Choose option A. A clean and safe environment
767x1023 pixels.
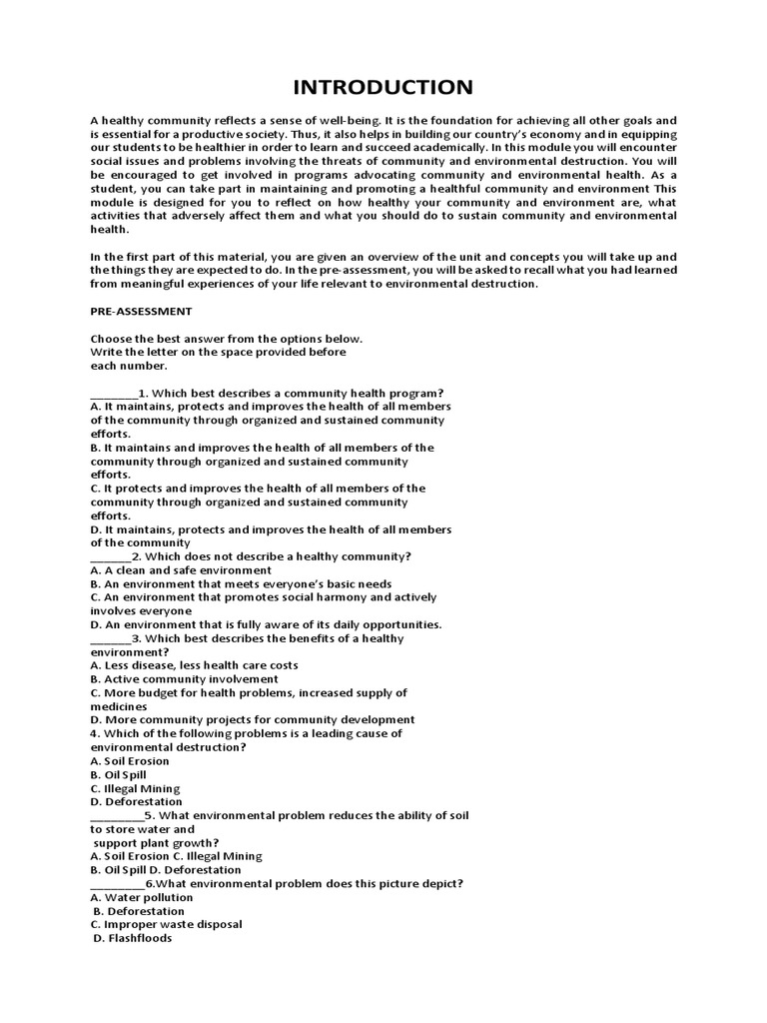tap(181, 570)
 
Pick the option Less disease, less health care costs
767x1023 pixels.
tap(194, 665)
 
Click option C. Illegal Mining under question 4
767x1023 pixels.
tap(135, 788)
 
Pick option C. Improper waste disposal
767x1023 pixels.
tap(166, 924)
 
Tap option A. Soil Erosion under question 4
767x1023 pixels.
tap(130, 761)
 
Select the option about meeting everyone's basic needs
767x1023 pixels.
tap(241, 583)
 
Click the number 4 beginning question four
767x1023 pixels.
tap(93, 733)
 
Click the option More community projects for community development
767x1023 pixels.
tap(252, 719)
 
